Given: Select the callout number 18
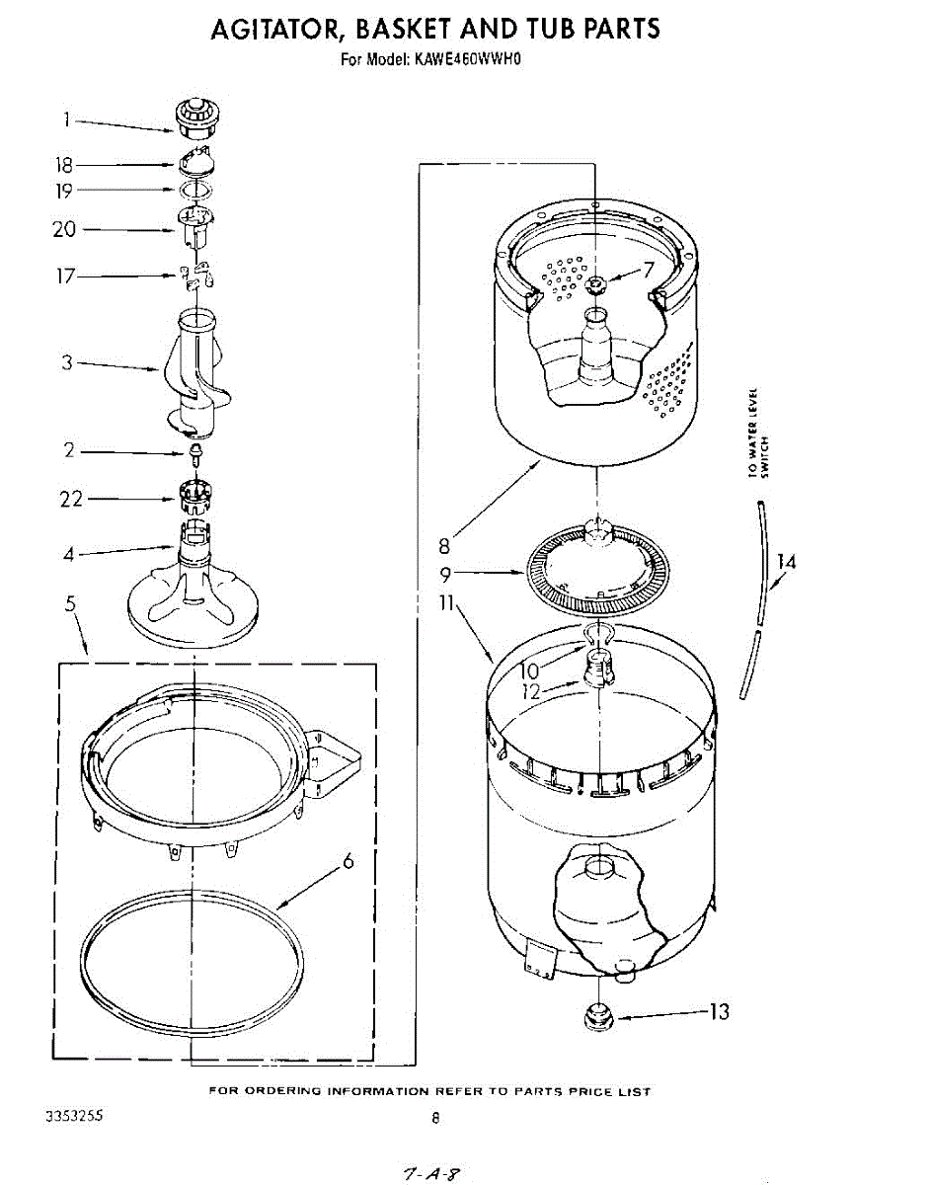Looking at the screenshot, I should coord(65,165).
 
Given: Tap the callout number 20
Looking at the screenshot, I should coord(65,229).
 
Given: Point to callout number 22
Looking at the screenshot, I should coord(71,499).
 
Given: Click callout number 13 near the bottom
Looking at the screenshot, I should coord(719,1011).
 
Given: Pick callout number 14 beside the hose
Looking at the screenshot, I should coord(786,562).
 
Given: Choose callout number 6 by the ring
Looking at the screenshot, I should coord(348,861).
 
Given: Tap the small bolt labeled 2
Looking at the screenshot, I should coord(195,454).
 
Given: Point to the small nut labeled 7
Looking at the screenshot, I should coord(595,285).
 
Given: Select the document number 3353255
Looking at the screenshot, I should coord(75,1115).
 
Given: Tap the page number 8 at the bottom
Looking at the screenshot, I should coord(434,1119).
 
